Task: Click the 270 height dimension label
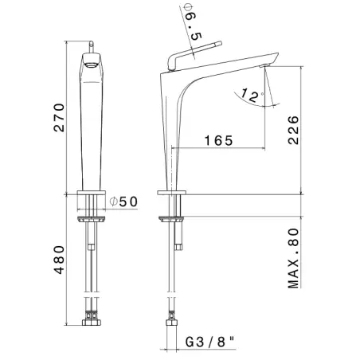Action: click(x=59, y=118)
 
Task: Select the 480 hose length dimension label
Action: click(x=59, y=260)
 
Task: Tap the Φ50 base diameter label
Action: click(x=123, y=202)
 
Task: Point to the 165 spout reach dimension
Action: click(x=219, y=140)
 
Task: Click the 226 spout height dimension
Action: click(x=293, y=130)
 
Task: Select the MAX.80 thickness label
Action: click(x=293, y=258)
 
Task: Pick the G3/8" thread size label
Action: click(x=210, y=342)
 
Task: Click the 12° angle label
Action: click(x=252, y=96)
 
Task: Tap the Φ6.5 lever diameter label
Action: click(x=193, y=22)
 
